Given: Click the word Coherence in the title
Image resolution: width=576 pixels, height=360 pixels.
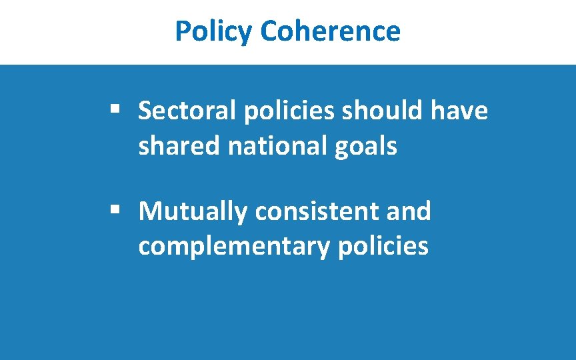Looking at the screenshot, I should point(330,31).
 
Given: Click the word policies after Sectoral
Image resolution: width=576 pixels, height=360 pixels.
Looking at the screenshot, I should point(289,111).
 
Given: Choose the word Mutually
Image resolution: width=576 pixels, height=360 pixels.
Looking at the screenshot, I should point(193,212).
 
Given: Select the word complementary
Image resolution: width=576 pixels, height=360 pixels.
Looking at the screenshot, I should point(233,247).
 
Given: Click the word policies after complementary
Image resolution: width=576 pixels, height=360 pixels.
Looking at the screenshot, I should point(383,247).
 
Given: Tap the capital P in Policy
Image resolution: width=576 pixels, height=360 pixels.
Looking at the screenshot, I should point(182,31).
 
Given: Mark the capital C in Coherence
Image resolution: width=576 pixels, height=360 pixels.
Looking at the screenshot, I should point(269,31).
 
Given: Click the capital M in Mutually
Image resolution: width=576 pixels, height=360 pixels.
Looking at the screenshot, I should point(150,212).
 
